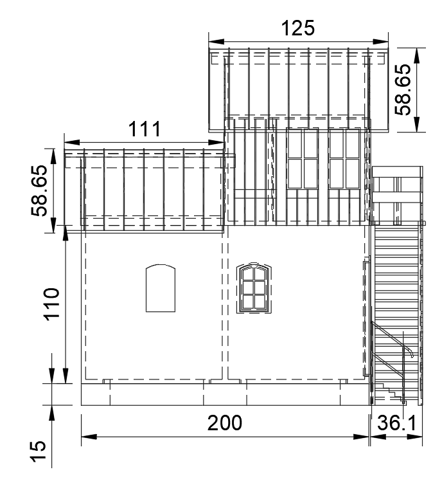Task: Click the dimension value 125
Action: coord(298,28)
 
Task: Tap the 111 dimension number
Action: coord(144,129)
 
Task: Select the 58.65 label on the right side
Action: coord(403,89)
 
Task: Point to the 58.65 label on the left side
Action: coord(39,190)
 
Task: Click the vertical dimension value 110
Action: coord(51,304)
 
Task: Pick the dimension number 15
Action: coord(38,451)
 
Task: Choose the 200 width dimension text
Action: coord(225,423)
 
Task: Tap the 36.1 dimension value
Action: coord(396,423)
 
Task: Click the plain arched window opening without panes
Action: coord(161,288)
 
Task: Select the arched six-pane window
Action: coord(254,289)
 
